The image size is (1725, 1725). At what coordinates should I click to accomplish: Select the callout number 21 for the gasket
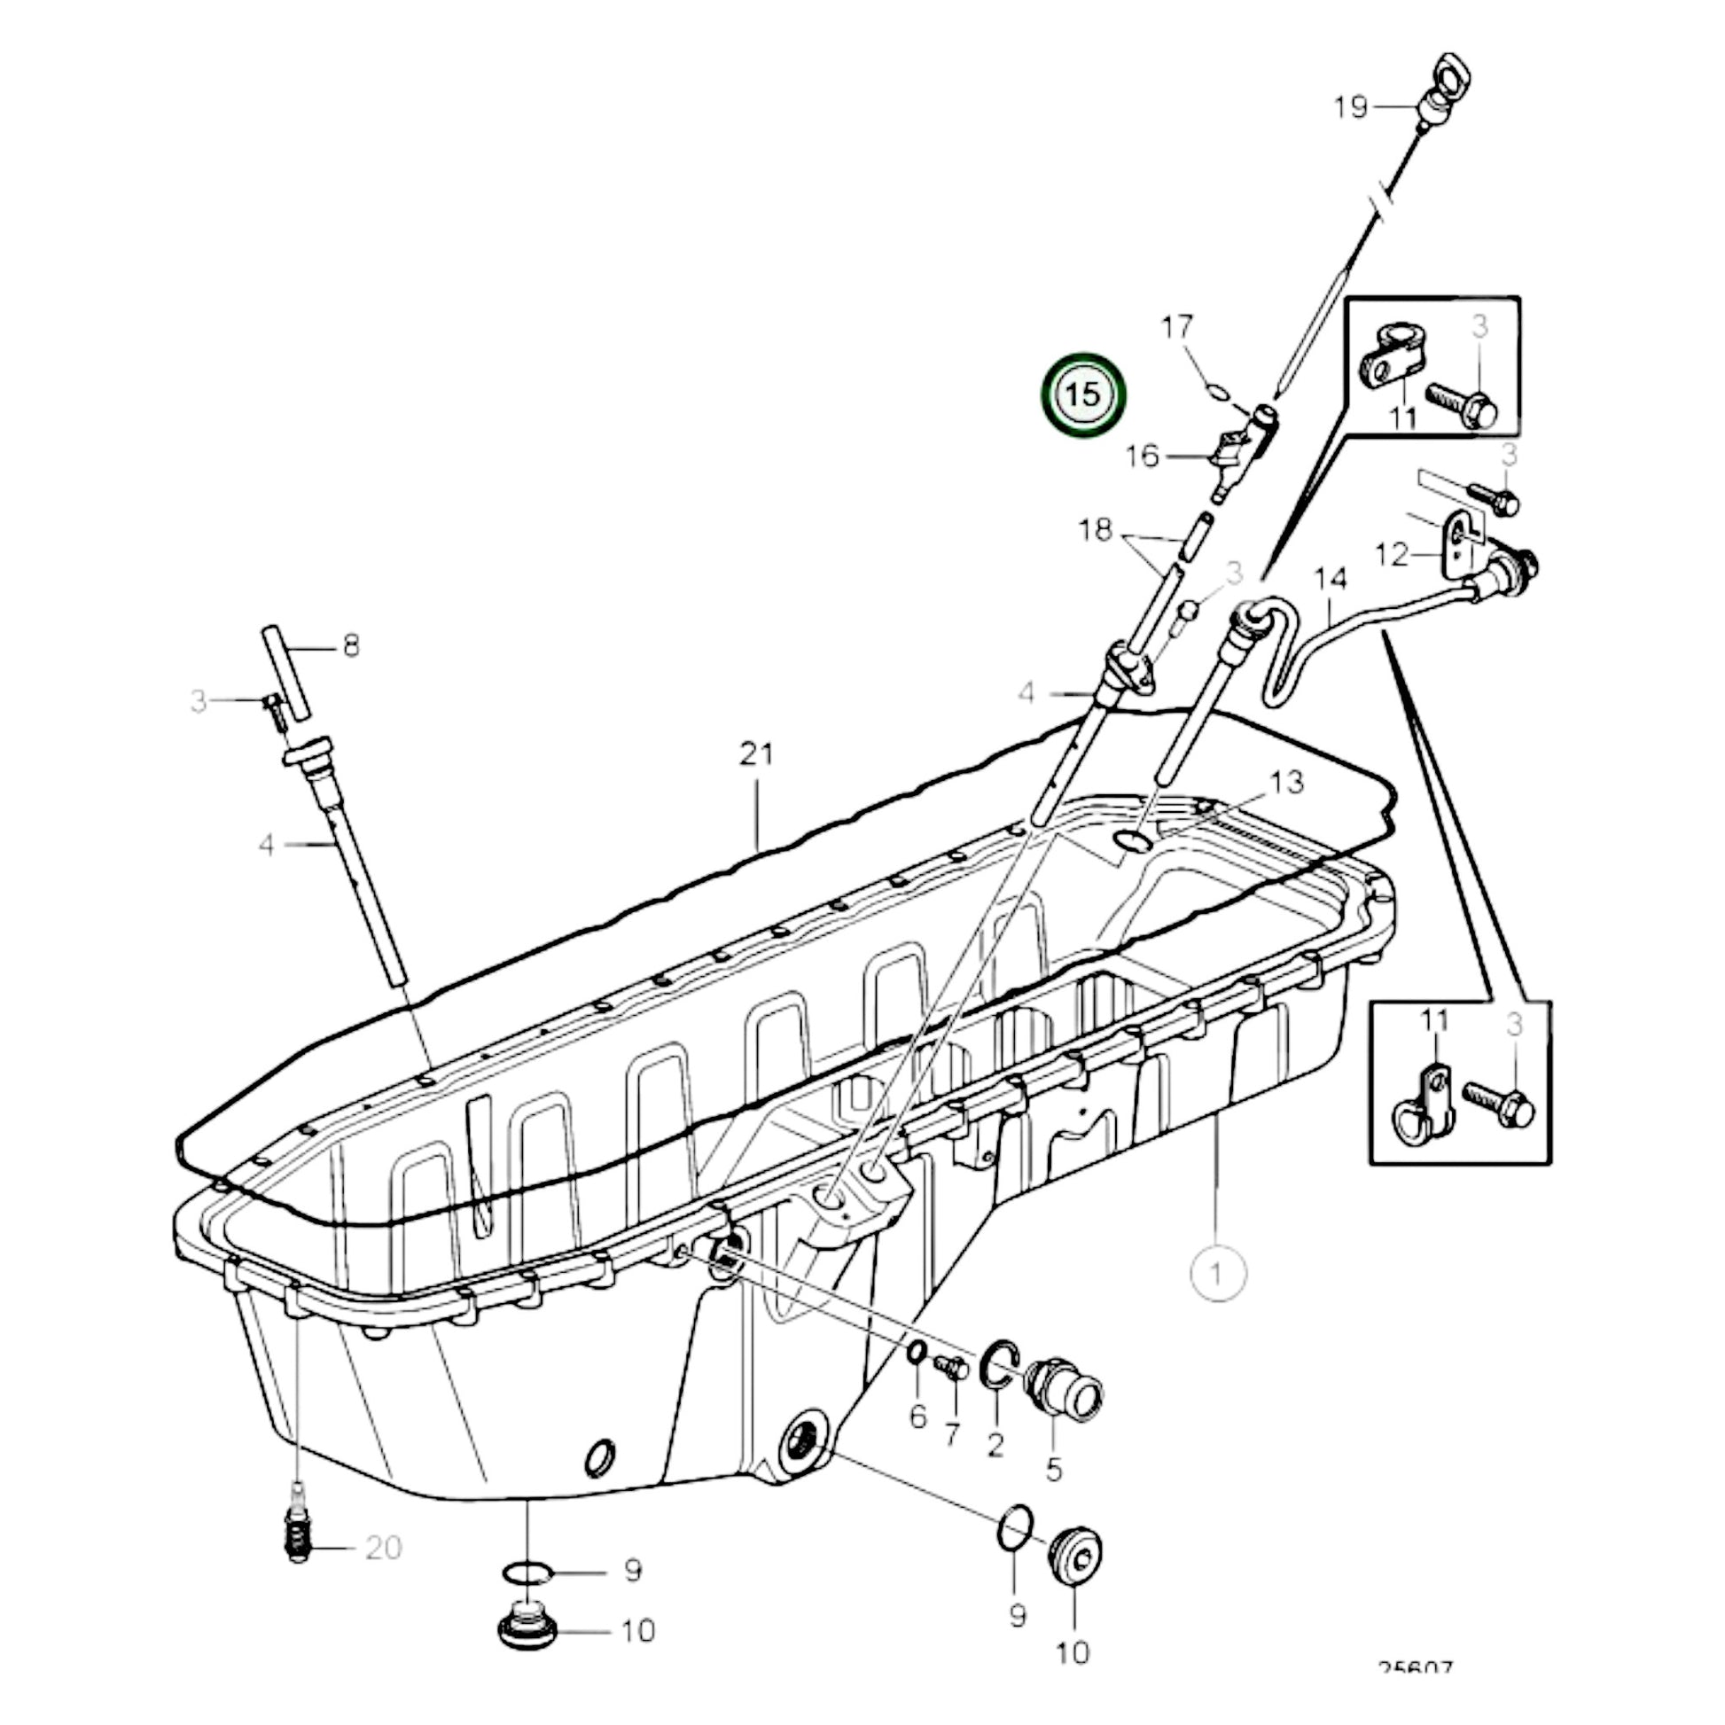(756, 754)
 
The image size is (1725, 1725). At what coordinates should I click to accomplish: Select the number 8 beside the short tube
(351, 645)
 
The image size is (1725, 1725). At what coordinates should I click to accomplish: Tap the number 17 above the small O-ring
(1176, 328)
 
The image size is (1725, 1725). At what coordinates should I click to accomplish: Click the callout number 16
(1141, 457)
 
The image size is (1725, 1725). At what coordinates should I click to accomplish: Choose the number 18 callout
(1096, 530)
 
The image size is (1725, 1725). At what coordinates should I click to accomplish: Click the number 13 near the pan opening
(1286, 783)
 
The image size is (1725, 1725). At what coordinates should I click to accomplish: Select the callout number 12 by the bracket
(1391, 555)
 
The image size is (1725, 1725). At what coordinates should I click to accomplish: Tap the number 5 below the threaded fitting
(1054, 1470)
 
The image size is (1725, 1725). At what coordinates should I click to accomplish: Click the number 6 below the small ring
(917, 1417)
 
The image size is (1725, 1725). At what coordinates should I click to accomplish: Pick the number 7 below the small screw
(952, 1435)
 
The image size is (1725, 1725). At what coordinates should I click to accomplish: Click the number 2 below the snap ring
(995, 1443)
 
